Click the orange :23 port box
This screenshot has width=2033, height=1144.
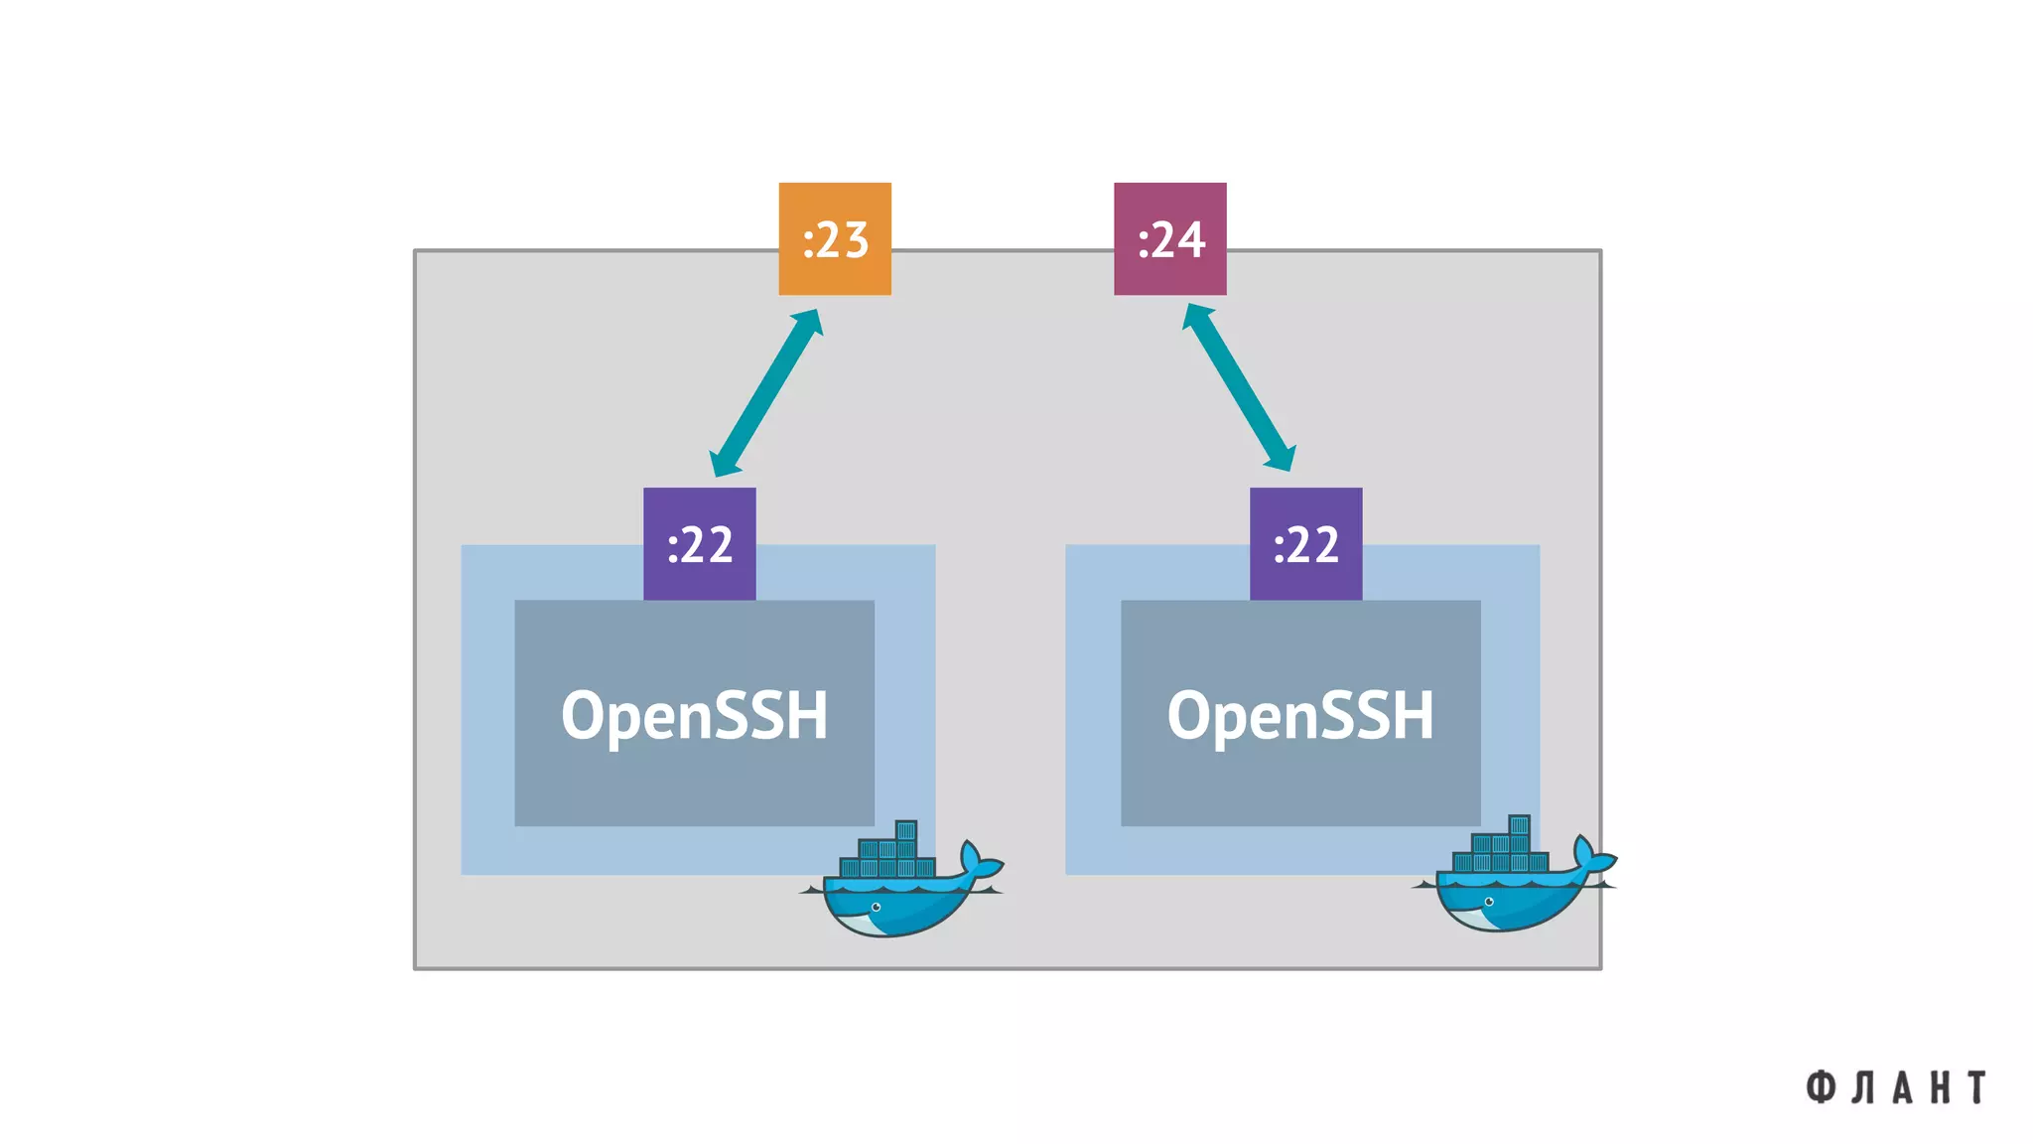[x=834, y=238]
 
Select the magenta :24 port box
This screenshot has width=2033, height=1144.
[x=1169, y=238]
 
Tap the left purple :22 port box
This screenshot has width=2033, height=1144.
[x=699, y=543]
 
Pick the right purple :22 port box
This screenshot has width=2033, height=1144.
[x=1305, y=543]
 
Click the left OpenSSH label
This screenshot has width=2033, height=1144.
[x=694, y=714]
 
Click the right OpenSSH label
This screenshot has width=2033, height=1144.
[x=1300, y=714]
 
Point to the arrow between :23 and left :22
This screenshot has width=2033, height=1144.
[x=766, y=393]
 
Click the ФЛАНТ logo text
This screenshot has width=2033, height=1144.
[x=1895, y=1087]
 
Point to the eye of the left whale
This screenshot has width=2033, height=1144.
[x=876, y=907]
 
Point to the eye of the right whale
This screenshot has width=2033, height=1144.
[x=1488, y=902]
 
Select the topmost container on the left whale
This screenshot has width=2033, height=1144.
[x=905, y=830]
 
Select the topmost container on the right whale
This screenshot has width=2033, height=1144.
[x=1519, y=825]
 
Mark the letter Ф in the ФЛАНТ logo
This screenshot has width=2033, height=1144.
[x=1820, y=1087]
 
